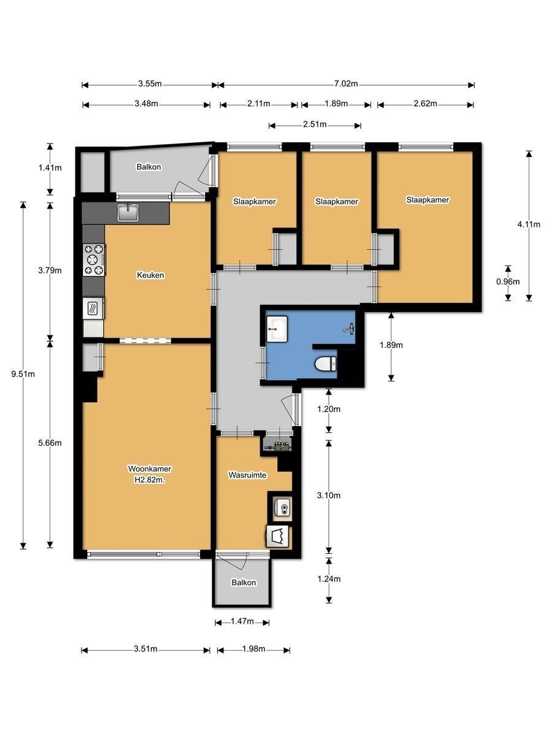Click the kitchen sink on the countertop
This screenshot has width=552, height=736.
[128, 212]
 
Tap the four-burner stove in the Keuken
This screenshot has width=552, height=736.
[94, 259]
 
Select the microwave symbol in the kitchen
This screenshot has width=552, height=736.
[94, 308]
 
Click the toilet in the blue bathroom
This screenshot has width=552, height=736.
[325, 364]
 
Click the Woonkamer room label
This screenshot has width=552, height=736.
[149, 469]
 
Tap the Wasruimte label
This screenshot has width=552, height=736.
[246, 475]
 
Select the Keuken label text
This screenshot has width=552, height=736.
[150, 275]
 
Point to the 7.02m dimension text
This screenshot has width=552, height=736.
[346, 84]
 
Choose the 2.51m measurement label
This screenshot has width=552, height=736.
[315, 125]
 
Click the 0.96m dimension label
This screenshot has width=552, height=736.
[508, 282]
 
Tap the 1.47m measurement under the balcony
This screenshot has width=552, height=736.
[242, 622]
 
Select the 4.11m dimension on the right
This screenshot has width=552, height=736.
[529, 224]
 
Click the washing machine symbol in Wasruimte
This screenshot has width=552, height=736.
[279, 535]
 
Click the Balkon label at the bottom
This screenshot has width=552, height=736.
[243, 583]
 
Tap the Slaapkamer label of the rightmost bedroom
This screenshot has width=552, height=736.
[427, 200]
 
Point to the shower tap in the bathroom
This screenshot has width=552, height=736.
[349, 329]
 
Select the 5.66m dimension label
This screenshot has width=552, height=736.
[50, 443]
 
